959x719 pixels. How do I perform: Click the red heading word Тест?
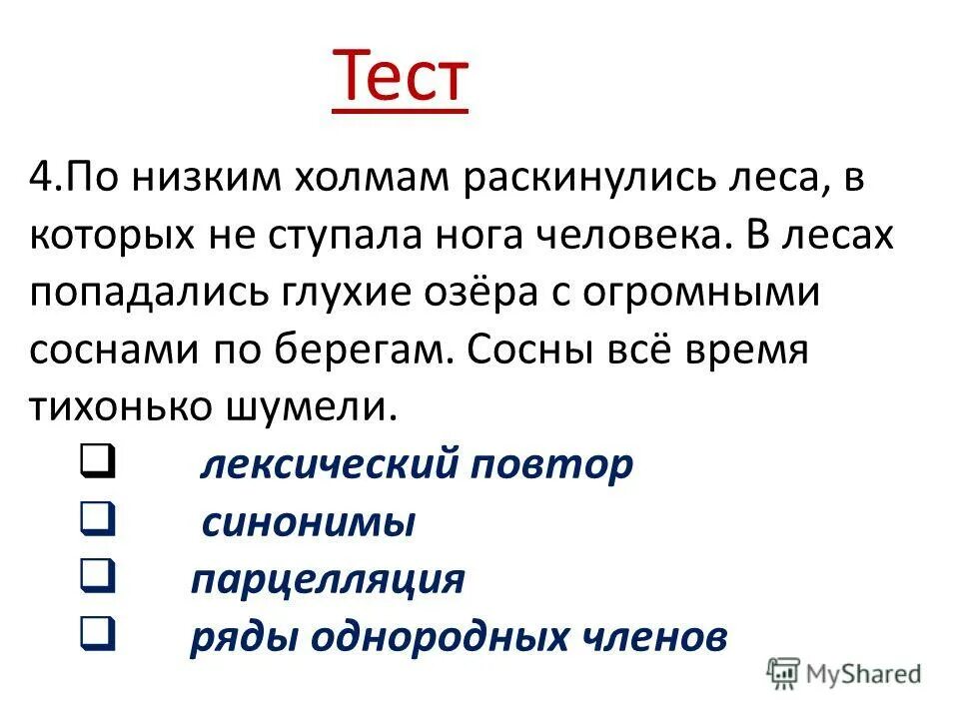400,78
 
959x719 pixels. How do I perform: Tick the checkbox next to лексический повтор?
98,462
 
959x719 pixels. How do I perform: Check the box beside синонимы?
98,520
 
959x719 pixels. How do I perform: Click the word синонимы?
308,522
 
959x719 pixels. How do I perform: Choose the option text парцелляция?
328,579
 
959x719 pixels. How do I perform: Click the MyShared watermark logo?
844,674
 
